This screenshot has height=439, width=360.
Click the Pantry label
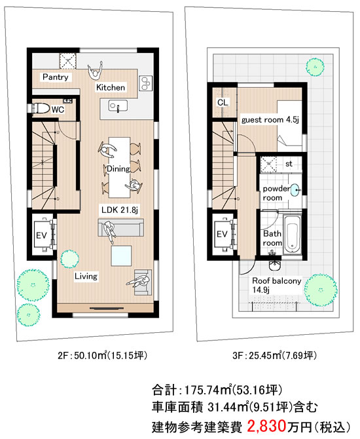[x=56, y=77]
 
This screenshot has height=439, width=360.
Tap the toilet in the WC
[x=39, y=108]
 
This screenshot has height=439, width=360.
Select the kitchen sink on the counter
[x=118, y=106]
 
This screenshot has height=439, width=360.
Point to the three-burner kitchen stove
[x=146, y=83]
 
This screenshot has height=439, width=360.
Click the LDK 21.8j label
[x=120, y=210]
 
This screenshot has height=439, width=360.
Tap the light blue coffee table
[x=121, y=256]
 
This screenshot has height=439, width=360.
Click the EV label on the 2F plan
[x=41, y=235]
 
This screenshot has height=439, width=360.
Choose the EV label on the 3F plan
[x=222, y=234]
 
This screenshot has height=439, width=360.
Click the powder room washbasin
[x=295, y=190]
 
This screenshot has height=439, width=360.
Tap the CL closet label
[x=223, y=102]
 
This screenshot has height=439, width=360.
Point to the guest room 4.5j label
[x=270, y=120]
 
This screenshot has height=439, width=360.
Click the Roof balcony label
[x=277, y=281]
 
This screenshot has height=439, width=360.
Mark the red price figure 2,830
[x=266, y=425]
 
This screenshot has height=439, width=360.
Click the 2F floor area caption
[x=102, y=355]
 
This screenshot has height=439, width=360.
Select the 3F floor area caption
[x=275, y=355]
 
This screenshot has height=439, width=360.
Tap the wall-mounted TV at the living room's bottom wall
[x=107, y=308]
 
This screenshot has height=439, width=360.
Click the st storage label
[x=289, y=164]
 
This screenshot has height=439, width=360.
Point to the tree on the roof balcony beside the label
[x=321, y=290]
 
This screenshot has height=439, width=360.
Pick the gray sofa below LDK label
[x=121, y=227]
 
